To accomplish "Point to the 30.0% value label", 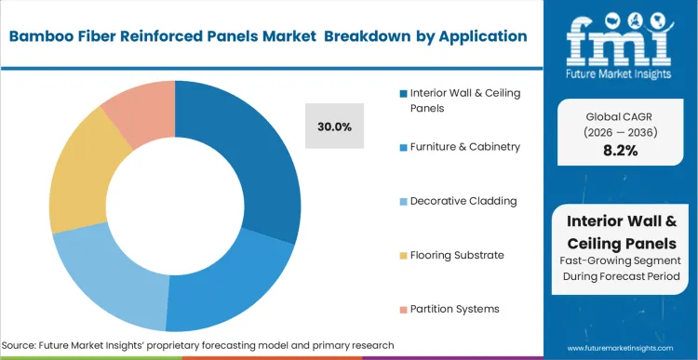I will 334,127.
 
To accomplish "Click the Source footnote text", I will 199,345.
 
